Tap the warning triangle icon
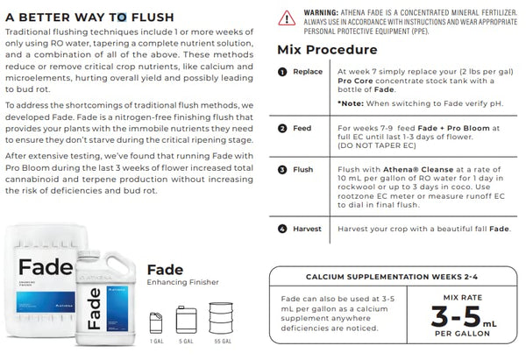(x=287, y=17)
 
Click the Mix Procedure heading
(x=327, y=50)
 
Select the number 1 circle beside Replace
(x=282, y=72)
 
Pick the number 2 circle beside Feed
(x=282, y=128)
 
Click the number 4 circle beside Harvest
(x=282, y=229)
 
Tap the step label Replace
(x=307, y=72)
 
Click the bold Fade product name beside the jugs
(x=165, y=269)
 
